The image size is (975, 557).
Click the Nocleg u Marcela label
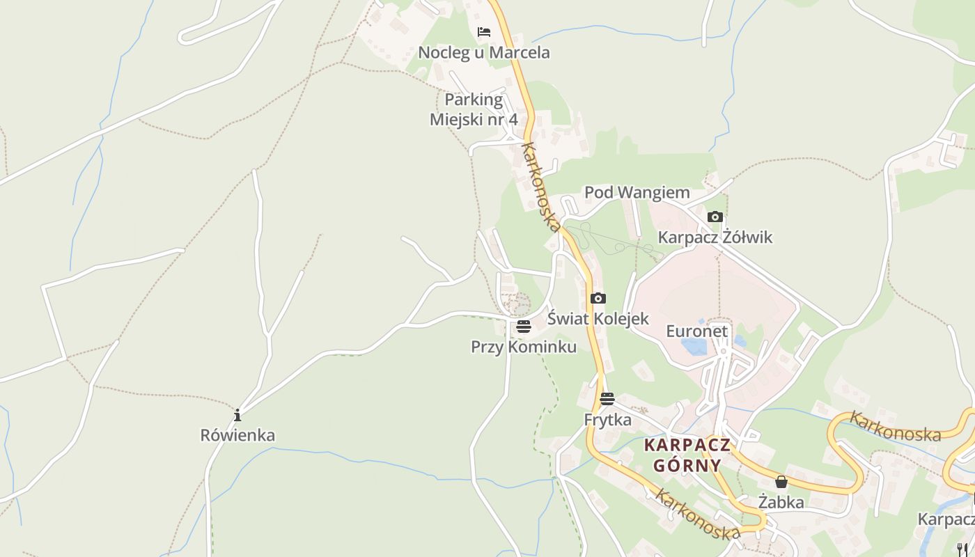pyautogui.click(x=483, y=52)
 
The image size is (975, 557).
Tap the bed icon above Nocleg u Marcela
pyautogui.click(x=483, y=32)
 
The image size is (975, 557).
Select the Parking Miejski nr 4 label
pyautogui.click(x=474, y=109)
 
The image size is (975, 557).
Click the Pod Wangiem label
pyautogui.click(x=637, y=192)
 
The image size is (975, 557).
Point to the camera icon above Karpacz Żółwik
pyautogui.click(x=715, y=217)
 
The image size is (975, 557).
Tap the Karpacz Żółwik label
pyautogui.click(x=715, y=237)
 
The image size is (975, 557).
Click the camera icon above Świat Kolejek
pyautogui.click(x=598, y=299)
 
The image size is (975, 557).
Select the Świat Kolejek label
pyautogui.click(x=598, y=319)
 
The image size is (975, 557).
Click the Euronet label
pyautogui.click(x=696, y=331)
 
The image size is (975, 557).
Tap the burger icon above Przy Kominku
pyautogui.click(x=524, y=327)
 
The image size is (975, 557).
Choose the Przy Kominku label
pyautogui.click(x=524, y=347)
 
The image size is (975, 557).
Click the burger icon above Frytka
pyautogui.click(x=607, y=399)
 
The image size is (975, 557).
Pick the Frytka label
pyautogui.click(x=607, y=420)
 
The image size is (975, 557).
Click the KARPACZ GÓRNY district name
pyautogui.click(x=687, y=455)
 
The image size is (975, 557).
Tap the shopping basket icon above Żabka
pyautogui.click(x=781, y=482)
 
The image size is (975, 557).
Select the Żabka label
pyautogui.click(x=781, y=502)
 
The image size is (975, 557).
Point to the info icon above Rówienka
pyautogui.click(x=237, y=416)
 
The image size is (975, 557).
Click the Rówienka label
pyautogui.click(x=237, y=436)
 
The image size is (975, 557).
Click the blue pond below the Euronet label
pyautogui.click(x=694, y=346)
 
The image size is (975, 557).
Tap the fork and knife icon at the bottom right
pyautogui.click(x=962, y=549)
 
